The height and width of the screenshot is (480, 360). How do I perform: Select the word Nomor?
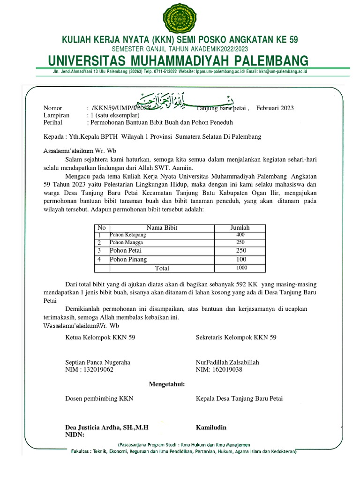point(52,108)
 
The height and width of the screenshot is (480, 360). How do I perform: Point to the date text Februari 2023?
point(275,108)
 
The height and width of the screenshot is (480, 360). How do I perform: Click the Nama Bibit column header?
point(162,228)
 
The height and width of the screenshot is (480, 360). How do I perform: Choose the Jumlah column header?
point(240,228)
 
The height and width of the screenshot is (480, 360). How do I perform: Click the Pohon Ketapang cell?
point(128,234)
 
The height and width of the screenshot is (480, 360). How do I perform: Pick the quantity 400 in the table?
point(240,234)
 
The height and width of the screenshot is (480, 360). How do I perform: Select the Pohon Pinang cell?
point(128,259)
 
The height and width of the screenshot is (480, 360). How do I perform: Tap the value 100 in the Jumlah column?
point(241,259)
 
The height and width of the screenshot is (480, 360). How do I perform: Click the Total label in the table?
point(162,268)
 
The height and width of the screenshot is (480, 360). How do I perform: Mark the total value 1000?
point(241,268)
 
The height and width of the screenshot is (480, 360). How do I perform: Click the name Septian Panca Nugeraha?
point(97,362)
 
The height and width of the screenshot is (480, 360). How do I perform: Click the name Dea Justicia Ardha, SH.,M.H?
point(106,427)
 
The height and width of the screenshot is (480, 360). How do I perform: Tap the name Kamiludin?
point(211,427)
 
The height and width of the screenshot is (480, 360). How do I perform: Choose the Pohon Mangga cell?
point(127,243)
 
